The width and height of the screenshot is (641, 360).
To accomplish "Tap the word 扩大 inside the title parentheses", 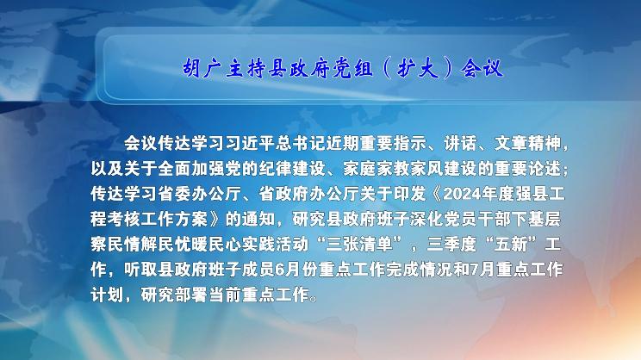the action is point(418,68).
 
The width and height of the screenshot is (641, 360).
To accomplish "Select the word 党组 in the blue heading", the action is point(353,68).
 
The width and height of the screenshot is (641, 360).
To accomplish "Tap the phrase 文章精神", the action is point(527,144).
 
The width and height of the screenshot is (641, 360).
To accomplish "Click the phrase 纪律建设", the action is point(293,169).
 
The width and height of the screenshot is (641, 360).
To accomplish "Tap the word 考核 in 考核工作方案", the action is point(124,220).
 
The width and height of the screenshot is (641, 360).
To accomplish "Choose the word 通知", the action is point(258,220).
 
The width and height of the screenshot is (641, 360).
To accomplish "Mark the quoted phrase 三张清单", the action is point(359,245).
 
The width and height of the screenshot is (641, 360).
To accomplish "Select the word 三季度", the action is point(451,245).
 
